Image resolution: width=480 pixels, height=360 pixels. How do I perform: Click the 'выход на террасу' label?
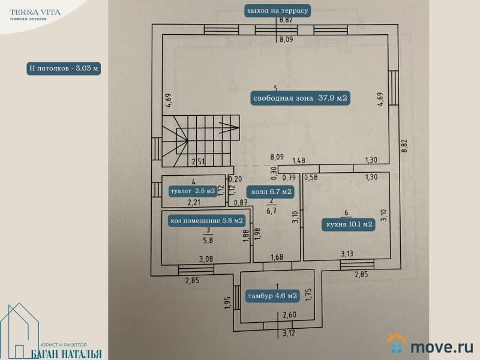pos(277,11)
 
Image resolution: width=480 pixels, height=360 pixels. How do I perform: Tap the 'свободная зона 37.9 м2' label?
pos(300,98)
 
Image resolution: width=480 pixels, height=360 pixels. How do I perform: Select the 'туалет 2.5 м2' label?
pos(193,191)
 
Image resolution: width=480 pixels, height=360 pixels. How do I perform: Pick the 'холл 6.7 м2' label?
pos(271,191)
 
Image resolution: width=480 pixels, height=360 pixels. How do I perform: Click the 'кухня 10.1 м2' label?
pos(349,224)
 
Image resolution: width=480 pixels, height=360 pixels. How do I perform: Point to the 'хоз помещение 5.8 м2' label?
pos(206,221)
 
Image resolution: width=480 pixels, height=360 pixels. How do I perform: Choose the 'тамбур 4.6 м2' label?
pos(272,296)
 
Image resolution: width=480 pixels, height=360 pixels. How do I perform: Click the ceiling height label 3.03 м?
pos(64,68)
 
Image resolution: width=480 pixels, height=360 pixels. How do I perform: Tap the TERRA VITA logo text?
pos(35,13)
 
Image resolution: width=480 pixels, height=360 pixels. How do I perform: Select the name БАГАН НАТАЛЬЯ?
pos(66,354)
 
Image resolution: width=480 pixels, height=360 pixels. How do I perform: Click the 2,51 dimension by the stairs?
pos(198,161)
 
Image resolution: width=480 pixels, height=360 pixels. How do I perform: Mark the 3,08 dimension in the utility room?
pos(206,259)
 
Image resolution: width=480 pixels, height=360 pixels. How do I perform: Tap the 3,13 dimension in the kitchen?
pos(347,253)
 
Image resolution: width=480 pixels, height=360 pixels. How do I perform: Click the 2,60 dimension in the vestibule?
pos(289,315)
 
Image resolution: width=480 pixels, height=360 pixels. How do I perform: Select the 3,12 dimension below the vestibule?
pos(289,333)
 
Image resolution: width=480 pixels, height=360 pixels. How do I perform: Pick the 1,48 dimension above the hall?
pos(299,160)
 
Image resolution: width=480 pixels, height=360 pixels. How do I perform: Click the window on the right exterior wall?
pos(394,88)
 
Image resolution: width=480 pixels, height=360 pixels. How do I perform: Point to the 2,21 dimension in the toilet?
pos(194,202)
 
